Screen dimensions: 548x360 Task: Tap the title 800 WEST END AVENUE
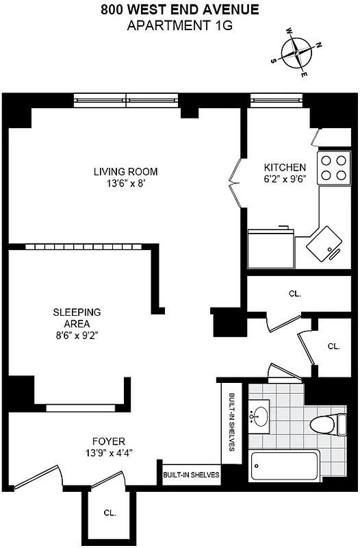[180, 10]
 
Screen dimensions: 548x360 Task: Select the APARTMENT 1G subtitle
[180, 25]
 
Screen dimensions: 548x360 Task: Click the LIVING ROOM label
[126, 171]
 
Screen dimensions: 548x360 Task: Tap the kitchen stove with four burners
[333, 166]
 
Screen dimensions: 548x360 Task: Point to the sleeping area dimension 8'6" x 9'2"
[77, 336]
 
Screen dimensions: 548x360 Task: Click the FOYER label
[109, 441]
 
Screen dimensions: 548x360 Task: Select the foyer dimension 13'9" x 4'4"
[109, 453]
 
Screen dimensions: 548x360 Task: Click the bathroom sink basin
[260, 416]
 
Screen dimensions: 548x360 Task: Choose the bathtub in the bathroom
[285, 466]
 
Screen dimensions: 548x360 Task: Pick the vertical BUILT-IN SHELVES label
[232, 423]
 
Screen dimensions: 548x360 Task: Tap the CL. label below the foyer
[110, 512]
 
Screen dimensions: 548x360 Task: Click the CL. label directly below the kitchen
[294, 293]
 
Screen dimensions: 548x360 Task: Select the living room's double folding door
[235, 183]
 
